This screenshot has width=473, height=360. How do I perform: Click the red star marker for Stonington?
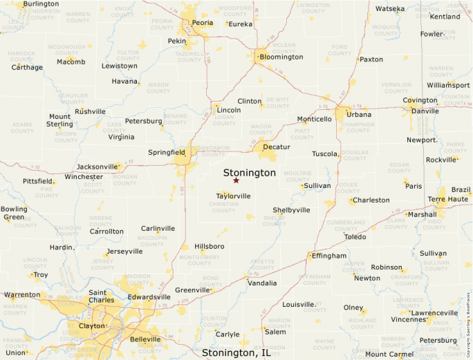(236, 180)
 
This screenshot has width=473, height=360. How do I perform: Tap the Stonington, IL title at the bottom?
(236, 352)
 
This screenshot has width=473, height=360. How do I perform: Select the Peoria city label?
(202, 23)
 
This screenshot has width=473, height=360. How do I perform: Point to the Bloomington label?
(281, 57)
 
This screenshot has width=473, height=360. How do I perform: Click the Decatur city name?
(277, 147)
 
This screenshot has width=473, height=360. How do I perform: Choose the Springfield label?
(167, 152)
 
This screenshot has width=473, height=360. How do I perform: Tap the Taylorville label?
(233, 196)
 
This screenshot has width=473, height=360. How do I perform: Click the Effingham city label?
(328, 256)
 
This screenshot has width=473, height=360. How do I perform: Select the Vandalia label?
(262, 283)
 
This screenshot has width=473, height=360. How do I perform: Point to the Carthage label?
(27, 68)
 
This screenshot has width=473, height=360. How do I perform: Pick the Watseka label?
(390, 9)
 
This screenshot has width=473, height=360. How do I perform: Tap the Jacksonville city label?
(98, 167)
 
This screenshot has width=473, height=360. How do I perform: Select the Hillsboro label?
(210, 246)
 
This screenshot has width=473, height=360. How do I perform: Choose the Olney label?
(353, 307)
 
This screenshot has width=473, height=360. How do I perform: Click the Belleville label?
(145, 339)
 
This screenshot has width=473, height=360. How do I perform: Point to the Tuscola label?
(324, 154)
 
